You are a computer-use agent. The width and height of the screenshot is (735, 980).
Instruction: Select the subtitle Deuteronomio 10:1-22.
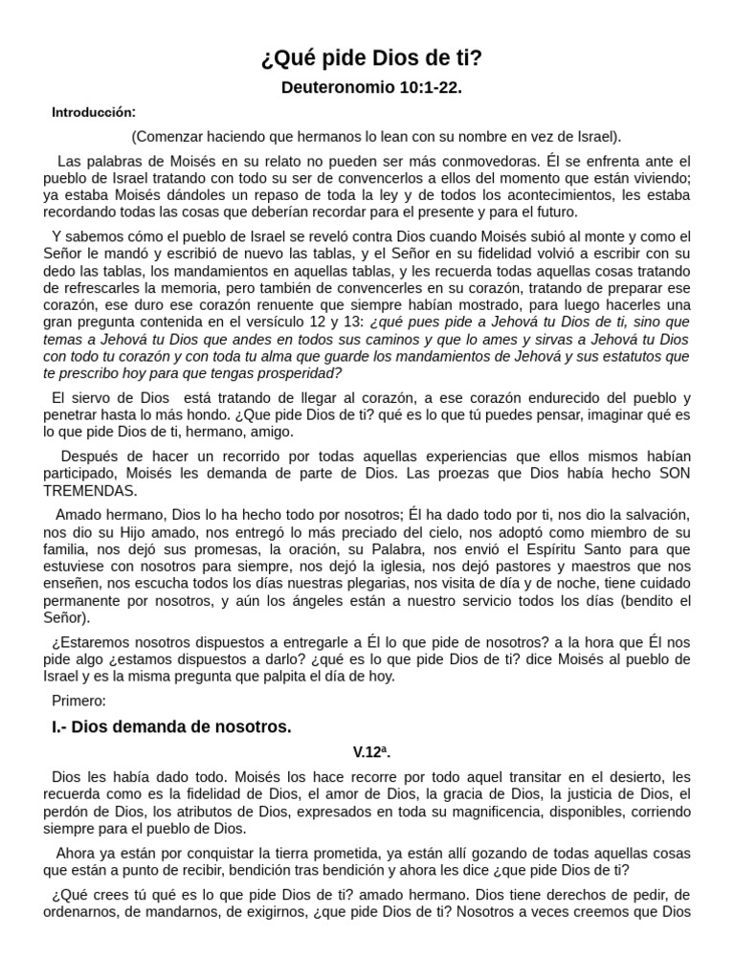(371, 88)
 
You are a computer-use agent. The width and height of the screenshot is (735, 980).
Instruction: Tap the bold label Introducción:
(94, 113)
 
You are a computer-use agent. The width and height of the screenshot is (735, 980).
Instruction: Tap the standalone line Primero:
(80, 702)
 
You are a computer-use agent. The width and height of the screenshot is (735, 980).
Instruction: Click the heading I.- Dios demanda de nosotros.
(171, 727)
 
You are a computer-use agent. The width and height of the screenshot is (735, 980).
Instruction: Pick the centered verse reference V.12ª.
(371, 753)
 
